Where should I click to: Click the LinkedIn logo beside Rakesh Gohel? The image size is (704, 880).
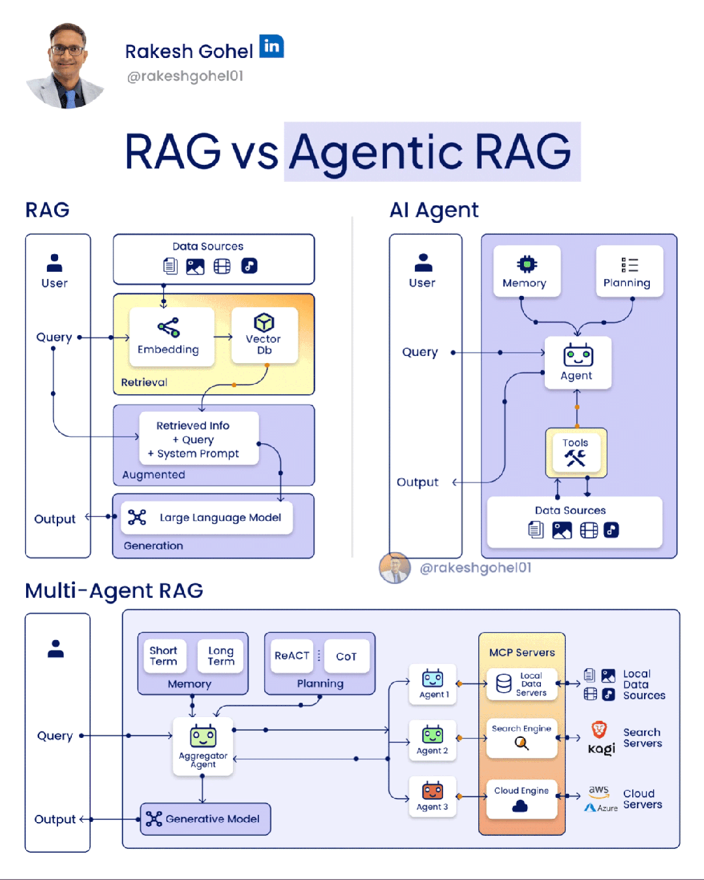pos(271,46)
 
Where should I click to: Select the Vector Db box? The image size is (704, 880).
pos(264,335)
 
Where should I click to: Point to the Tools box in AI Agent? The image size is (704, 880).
pos(576,452)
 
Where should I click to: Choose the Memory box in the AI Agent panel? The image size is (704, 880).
pos(527,271)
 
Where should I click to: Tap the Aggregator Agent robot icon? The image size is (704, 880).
pos(203,736)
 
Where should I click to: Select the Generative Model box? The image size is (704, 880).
pos(206,819)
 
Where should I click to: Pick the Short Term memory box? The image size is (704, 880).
pos(164,656)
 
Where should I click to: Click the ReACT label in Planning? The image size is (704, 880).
pos(292,656)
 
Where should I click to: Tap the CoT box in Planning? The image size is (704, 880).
pos(346,656)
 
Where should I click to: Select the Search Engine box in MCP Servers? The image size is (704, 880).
pos(521,737)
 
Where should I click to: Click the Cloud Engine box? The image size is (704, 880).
pos(521,799)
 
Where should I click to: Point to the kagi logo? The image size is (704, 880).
pos(601,748)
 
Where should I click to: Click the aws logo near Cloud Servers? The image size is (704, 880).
pos(598,790)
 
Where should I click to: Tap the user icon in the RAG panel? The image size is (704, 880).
pos(55,263)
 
